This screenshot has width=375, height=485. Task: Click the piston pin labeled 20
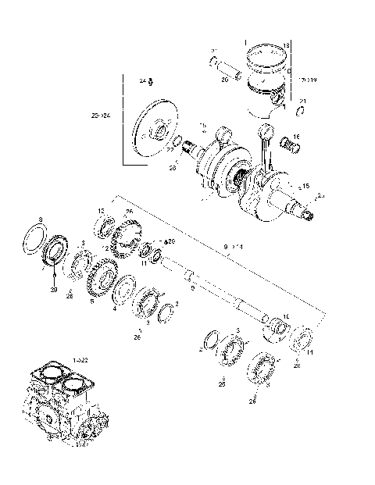tap(224, 66)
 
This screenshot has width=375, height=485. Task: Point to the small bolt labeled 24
tap(150, 83)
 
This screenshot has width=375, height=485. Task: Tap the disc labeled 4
tap(123, 293)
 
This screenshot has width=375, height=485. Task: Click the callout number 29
tap(54, 289)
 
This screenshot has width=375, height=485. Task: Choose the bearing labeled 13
tap(105, 229)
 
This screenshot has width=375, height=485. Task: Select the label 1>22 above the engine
tap(80, 358)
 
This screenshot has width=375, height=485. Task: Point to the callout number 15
tap(305, 185)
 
